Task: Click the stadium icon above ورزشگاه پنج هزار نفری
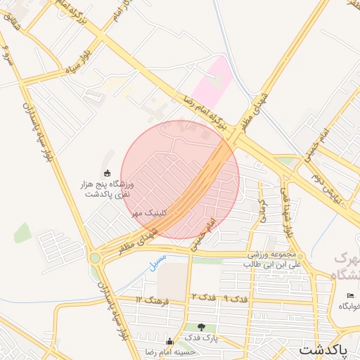point(107,173)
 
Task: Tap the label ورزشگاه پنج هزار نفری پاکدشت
point(108,189)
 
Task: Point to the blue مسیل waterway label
point(158,263)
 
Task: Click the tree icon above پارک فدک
point(202,327)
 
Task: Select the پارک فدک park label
point(203,338)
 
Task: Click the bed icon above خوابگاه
point(350,295)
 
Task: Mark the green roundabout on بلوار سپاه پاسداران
point(95,258)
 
